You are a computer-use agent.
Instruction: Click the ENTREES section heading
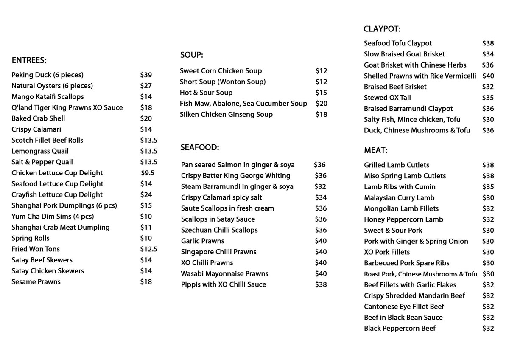29,60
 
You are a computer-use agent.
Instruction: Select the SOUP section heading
192,55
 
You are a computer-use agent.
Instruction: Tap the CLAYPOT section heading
382,29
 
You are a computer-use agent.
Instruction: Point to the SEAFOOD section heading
199,147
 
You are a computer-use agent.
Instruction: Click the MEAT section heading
376,150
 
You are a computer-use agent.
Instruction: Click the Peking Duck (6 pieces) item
48,75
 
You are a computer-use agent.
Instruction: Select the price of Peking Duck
146,75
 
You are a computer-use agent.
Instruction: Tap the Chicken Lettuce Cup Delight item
57,173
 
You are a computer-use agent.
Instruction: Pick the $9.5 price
148,173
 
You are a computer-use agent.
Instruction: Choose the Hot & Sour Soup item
206,93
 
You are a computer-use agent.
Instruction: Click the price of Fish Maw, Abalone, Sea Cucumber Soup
322,104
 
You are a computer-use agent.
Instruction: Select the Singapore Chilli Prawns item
219,252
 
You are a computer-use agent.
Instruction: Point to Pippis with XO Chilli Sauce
224,284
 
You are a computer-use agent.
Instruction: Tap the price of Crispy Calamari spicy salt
321,197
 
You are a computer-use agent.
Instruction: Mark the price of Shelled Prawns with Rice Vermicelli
488,76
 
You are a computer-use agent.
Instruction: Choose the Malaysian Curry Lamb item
399,198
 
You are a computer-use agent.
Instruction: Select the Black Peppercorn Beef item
400,329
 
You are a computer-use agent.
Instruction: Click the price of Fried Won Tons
148,249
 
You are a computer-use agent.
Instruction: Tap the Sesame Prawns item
36,282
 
